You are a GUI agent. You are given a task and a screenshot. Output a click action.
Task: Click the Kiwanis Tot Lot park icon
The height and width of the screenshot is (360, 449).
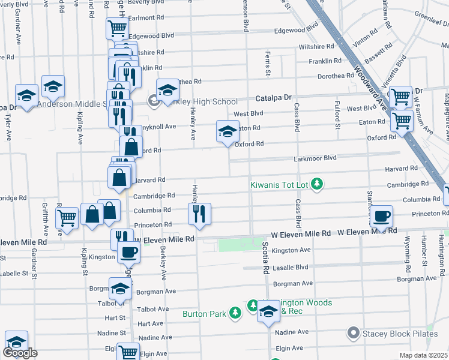(318, 184)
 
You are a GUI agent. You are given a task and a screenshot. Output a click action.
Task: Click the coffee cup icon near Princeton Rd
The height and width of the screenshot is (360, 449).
(381, 216)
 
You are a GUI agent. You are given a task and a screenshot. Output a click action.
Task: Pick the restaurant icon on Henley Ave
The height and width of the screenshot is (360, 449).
(199, 214)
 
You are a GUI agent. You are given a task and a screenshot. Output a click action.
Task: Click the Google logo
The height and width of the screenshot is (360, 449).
(20, 353)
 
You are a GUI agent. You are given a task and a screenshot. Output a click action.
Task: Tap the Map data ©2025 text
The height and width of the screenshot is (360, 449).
(424, 355)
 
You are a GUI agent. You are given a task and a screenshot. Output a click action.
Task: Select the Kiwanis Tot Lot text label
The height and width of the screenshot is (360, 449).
(279, 185)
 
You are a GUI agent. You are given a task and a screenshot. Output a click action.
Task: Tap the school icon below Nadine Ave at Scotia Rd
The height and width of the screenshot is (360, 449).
(268, 311)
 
